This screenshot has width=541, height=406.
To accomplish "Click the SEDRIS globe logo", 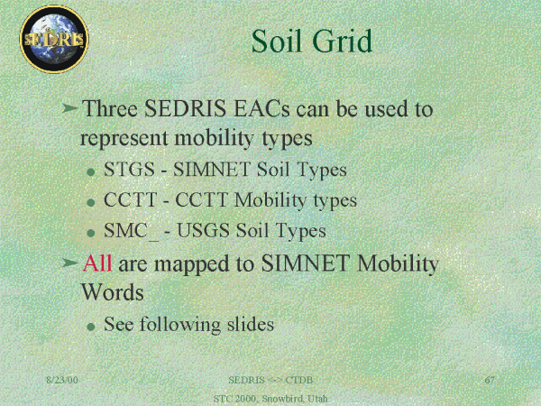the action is [54, 39].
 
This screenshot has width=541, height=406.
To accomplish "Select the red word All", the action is [97, 263].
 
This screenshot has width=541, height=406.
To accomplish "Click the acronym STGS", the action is [129, 170].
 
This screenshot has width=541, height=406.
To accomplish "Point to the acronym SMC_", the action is [131, 231].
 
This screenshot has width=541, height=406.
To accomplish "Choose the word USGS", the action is [203, 231].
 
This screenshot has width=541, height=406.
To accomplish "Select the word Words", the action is [113, 292].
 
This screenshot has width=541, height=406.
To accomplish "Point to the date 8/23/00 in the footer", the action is [62, 380].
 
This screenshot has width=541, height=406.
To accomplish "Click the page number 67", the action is [490, 380].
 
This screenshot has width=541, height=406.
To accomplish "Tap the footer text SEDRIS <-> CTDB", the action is [270, 380].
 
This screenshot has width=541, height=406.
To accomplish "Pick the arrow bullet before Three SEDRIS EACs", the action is [70, 108].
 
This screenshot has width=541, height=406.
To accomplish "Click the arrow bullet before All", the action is [70, 263].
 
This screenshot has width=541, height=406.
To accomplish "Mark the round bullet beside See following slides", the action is [91, 327].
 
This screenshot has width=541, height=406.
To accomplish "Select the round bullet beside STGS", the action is [91, 171].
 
